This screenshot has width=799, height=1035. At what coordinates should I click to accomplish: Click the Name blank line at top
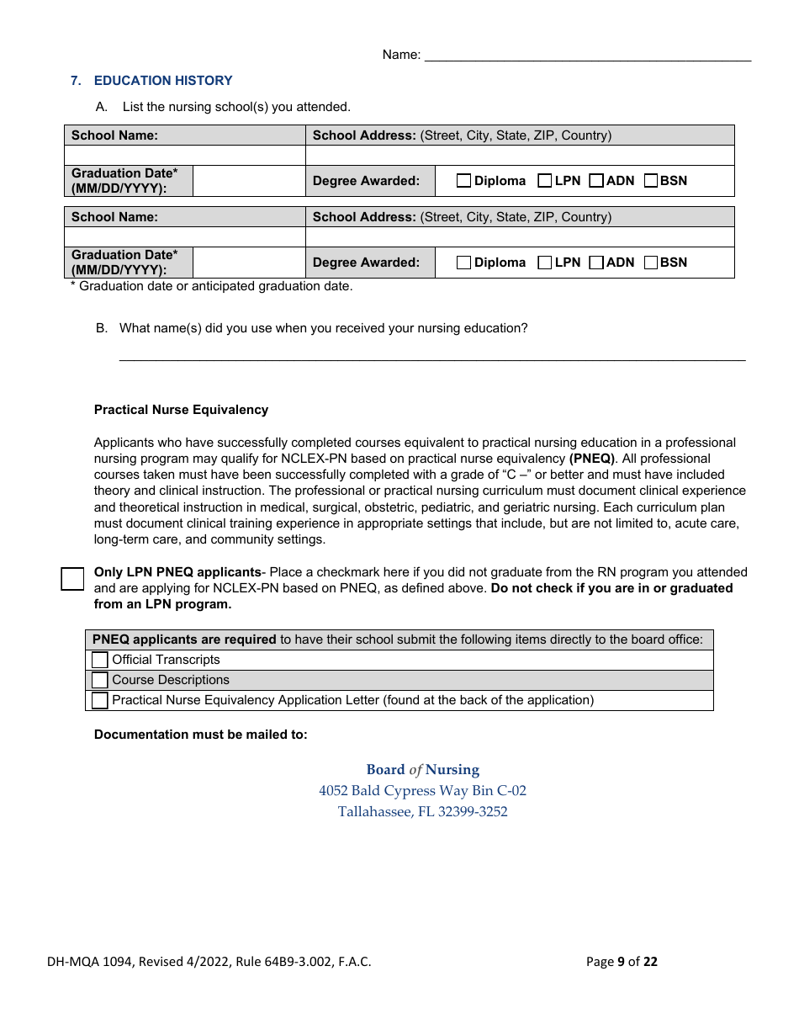[587, 56]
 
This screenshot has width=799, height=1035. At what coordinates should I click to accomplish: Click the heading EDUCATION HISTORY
[163, 81]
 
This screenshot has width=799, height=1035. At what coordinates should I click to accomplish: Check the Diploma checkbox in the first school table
[463, 181]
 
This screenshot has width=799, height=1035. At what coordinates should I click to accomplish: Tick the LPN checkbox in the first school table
[544, 181]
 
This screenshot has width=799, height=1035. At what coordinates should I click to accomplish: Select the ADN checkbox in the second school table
[596, 263]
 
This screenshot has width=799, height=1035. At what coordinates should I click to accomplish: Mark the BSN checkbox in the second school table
[650, 263]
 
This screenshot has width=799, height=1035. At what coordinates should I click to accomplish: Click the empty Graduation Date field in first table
[249, 181]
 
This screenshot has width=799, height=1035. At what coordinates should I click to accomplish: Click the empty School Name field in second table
[185, 237]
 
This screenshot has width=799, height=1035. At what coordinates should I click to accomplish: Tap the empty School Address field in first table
[519, 156]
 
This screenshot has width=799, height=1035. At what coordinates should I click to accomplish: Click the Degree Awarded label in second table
[366, 263]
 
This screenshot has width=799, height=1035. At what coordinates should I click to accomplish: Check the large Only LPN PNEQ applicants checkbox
[73, 579]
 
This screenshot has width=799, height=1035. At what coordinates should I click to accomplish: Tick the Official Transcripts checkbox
[100, 661]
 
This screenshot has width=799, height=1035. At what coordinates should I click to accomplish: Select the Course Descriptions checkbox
[100, 681]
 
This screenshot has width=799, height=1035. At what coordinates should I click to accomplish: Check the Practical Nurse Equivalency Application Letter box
[100, 701]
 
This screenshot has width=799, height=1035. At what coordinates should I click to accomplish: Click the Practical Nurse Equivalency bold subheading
[181, 410]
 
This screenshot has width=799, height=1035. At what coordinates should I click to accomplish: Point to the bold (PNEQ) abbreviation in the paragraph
[592, 459]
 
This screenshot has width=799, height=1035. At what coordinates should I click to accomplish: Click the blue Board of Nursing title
[422, 770]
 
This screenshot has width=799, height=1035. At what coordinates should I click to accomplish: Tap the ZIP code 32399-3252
[473, 812]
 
